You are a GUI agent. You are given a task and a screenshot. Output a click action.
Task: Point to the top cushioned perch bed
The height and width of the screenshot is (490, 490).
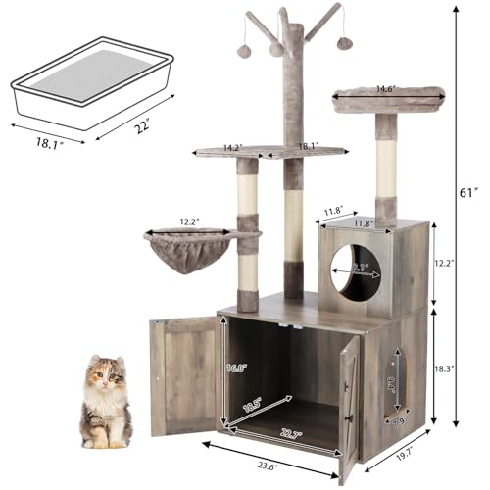point(387,98)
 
